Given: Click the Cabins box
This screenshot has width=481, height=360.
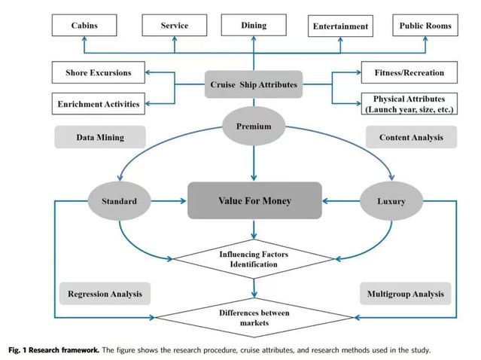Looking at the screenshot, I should coord(84,26).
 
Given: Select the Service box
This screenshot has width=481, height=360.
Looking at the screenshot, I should coord(175,26).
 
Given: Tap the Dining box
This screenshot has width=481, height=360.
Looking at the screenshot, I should coord(254,26).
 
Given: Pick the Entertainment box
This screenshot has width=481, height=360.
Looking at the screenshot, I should coord(340,27).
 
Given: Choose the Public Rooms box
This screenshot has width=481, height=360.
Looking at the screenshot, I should coord(426,26).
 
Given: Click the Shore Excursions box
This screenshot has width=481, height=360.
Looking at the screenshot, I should coord(97,73).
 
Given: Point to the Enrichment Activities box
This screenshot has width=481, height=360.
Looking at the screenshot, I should coord(97,103).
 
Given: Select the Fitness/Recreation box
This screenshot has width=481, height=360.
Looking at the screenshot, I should coord(409,73).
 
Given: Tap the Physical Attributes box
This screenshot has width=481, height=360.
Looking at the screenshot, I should coord(409,104).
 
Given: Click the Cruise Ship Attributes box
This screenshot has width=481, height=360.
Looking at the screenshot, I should coord(254,85).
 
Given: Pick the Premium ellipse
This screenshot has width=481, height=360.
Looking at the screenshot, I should coord(254,127).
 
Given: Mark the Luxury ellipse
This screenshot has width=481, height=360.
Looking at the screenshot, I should coord(391,201).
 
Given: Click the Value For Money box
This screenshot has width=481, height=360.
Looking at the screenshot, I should coord(254,201).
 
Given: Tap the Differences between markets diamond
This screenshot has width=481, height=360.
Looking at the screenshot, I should coord(254,317).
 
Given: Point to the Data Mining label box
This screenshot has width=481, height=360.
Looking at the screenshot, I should coord(99,138).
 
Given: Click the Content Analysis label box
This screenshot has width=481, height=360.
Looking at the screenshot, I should coord(411,138).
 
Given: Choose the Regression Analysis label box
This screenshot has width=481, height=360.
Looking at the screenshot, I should coord(105,293).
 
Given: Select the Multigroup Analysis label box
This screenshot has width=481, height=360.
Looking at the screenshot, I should coord(405,293).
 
